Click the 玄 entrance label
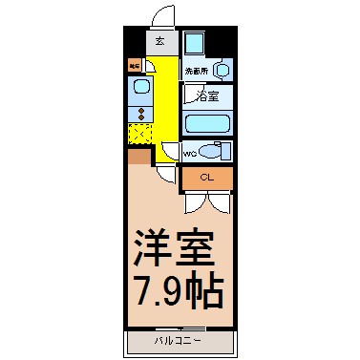click(x=160, y=42)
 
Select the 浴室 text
click(x=207, y=96)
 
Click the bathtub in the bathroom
click(x=208, y=124)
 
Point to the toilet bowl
click(x=213, y=151)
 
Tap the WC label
click(x=189, y=151)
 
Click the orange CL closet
click(x=207, y=178)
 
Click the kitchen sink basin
click(x=140, y=88)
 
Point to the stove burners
click(x=140, y=112)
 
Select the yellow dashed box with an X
click(x=140, y=132)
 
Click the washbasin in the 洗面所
click(x=222, y=70)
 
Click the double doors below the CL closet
click(x=207, y=201)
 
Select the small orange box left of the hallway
click(x=135, y=66)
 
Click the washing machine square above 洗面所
click(x=196, y=44)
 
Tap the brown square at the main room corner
click(x=138, y=156)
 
